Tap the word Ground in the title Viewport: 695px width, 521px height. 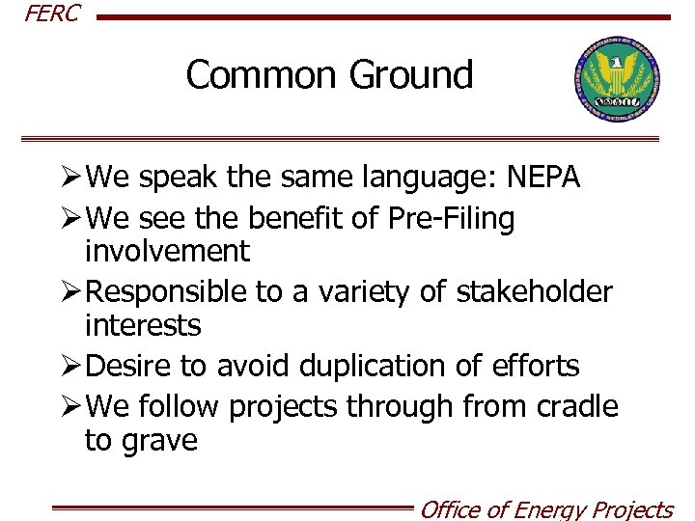(x=416, y=74)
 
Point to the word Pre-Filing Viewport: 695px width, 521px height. (x=452, y=219)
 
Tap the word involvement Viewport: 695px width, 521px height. (x=167, y=252)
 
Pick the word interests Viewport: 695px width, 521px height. (x=143, y=325)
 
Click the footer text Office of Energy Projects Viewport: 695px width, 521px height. (x=545, y=508)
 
